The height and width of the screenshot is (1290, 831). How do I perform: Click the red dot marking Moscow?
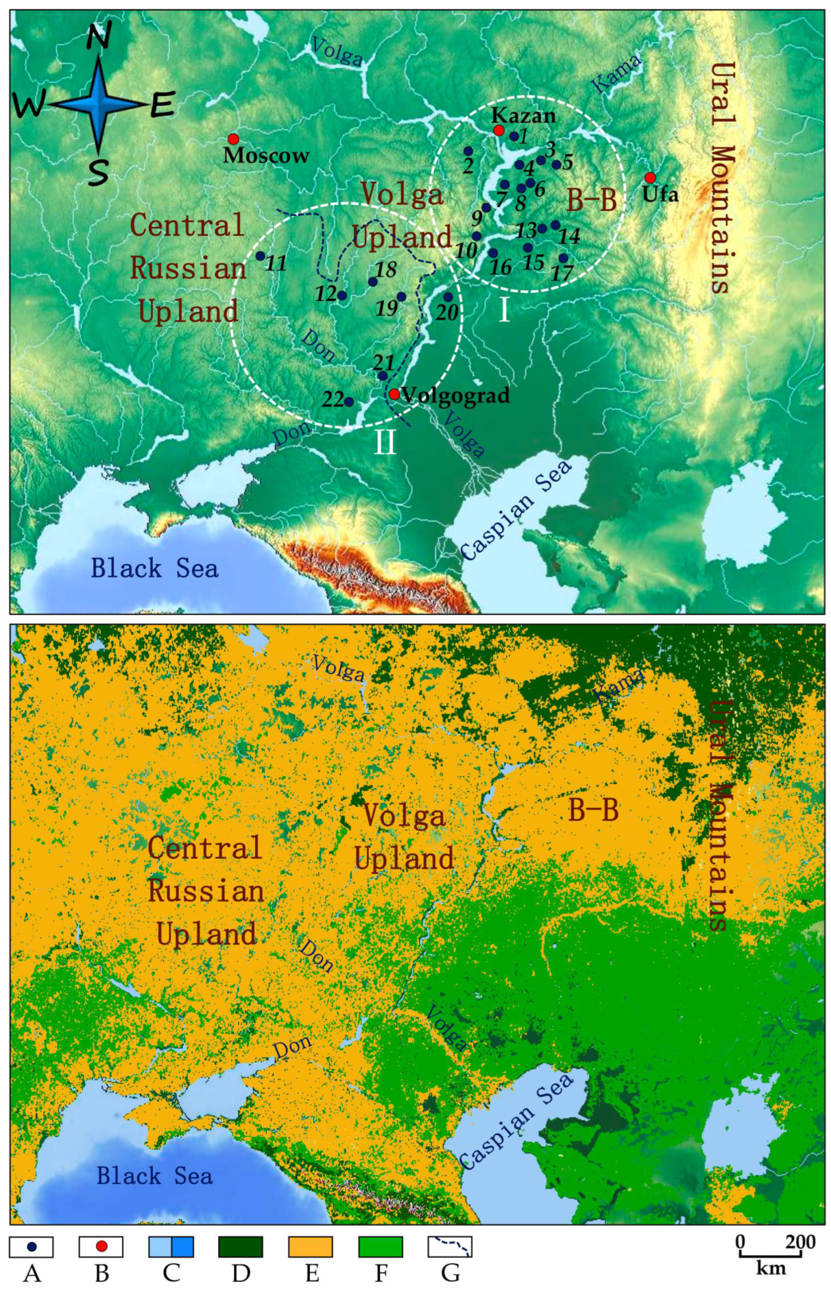point(233,139)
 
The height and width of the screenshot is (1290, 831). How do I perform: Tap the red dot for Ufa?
point(649,178)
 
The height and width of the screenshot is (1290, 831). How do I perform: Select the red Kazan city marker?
point(498,130)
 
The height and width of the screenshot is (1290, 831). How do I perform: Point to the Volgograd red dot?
point(394,394)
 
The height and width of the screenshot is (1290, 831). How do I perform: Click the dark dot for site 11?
point(261,256)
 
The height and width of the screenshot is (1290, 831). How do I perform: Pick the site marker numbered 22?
point(349,402)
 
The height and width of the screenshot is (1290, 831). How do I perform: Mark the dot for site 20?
point(448,297)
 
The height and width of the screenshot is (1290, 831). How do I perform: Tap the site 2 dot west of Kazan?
point(468,151)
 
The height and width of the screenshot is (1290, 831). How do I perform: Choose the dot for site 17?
point(563,258)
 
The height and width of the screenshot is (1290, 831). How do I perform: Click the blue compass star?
point(99,104)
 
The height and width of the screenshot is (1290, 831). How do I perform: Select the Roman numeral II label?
point(384,442)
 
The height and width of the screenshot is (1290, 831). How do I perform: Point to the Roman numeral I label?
point(504,311)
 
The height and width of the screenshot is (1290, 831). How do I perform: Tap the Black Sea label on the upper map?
point(154,568)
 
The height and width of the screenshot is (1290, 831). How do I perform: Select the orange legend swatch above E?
point(310,1246)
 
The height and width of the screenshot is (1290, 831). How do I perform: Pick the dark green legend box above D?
point(240,1246)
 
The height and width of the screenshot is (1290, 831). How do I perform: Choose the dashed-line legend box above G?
point(450,1246)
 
